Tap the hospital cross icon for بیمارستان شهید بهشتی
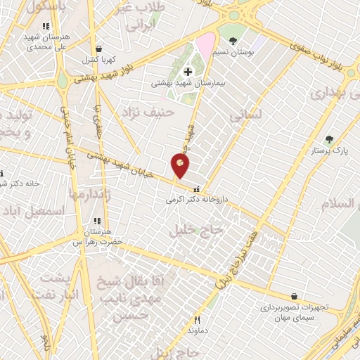point(188,71)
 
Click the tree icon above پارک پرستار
point(328,139)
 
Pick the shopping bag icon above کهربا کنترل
point(98,49)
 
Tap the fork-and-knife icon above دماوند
point(197,320)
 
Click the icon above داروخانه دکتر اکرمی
point(195,188)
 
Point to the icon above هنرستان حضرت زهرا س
point(96,219)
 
